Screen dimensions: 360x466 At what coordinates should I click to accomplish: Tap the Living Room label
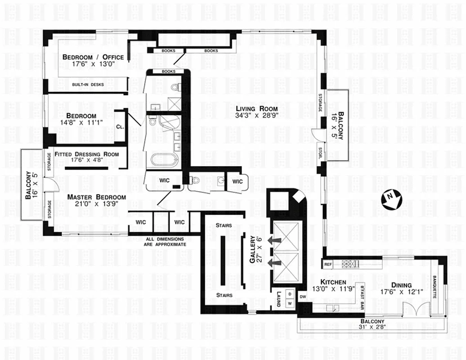coord(257,108)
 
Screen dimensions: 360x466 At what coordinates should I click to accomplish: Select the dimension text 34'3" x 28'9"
coord(257,116)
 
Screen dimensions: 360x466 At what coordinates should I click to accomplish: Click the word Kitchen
coord(333,282)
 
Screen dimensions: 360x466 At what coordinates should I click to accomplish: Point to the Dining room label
coord(401,285)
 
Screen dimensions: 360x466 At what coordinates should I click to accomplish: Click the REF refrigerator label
coord(328,264)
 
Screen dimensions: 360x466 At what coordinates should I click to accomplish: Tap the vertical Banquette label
coord(435,288)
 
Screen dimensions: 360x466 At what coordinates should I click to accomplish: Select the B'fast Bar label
coord(362,298)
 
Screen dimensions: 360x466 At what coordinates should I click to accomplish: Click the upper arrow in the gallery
coord(274,240)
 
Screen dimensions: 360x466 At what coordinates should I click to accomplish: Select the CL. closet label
coord(120,127)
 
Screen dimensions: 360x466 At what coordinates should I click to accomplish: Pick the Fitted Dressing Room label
coord(87,154)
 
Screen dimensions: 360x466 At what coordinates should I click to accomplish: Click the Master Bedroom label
coord(96,197)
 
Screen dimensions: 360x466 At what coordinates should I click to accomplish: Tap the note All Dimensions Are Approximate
coord(166,242)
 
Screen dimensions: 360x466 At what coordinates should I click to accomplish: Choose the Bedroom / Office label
coord(93,57)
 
